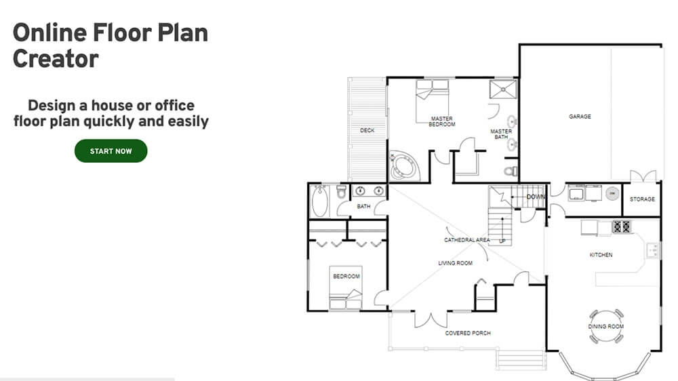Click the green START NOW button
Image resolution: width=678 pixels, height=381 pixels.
tap(111, 151)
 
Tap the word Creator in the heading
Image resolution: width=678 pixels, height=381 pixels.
tap(56, 59)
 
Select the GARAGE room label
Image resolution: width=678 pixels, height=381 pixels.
tap(580, 117)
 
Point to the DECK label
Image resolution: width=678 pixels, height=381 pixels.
tap(367, 130)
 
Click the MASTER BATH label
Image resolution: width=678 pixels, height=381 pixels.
tap(501, 134)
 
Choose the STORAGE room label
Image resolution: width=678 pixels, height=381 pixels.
tap(642, 199)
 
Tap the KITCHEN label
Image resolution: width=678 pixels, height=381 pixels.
tap(601, 255)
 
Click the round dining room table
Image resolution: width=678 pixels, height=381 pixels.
tap(605, 326)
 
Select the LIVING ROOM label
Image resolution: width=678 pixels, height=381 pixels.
tap(455, 263)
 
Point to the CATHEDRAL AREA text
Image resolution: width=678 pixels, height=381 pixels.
tap(466, 240)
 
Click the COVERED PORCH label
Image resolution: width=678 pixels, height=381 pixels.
tap(468, 333)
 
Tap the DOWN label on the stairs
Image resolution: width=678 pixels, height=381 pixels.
tap(536, 197)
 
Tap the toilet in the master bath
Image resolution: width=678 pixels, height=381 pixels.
tap(512, 170)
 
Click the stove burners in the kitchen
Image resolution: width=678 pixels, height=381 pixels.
tap(622, 227)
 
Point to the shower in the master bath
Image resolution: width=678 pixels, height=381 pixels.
tap(502, 89)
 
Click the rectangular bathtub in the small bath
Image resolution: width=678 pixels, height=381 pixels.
tap(320, 201)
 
